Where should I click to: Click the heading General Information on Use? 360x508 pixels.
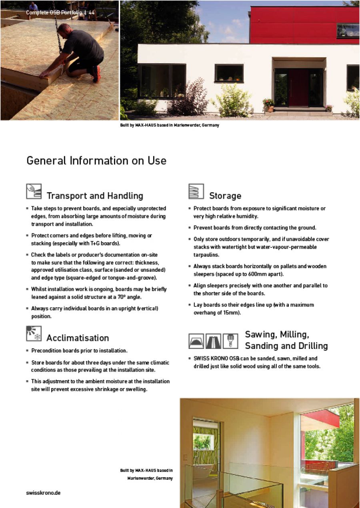96,161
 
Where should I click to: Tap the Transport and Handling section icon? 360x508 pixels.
34,191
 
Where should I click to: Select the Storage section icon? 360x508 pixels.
196,191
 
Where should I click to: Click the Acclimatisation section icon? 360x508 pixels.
34,333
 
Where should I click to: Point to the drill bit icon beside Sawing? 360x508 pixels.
230,341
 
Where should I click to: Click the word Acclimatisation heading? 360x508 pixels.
78,338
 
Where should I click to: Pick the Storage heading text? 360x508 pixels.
225,196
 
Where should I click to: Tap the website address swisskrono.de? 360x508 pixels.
44,493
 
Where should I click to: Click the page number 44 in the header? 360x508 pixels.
92,13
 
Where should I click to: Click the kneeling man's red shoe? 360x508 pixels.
96,74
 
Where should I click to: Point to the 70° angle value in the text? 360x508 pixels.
127,297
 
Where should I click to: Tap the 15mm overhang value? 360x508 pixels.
232,313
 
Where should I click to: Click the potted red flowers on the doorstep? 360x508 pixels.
268,103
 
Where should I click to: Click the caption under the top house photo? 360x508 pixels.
170,125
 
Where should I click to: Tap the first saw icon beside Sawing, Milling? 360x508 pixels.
196,341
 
